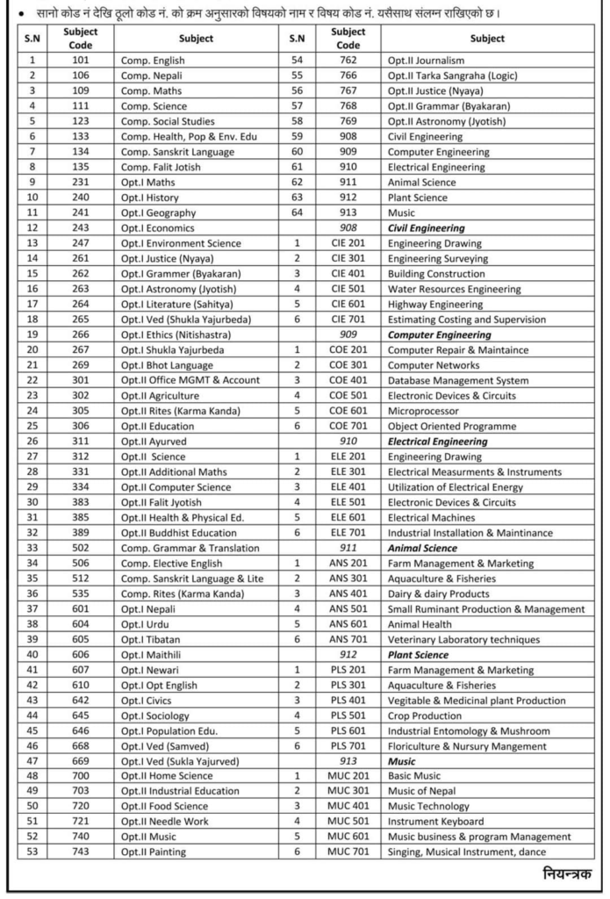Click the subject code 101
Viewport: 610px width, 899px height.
tap(82, 61)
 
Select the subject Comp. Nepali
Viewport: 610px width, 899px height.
tap(157, 76)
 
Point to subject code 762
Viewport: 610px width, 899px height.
tap(348, 61)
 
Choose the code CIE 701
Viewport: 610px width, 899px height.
tap(348, 320)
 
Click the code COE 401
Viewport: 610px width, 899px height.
tap(348, 380)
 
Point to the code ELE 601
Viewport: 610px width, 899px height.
tap(348, 517)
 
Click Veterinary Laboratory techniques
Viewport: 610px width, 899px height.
tap(463, 639)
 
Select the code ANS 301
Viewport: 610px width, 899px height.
tap(348, 579)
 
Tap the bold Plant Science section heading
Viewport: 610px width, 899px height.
tap(418, 655)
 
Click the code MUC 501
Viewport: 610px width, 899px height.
tap(348, 822)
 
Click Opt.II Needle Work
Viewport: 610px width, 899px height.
tap(165, 822)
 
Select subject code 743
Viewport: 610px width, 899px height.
tap(82, 852)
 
